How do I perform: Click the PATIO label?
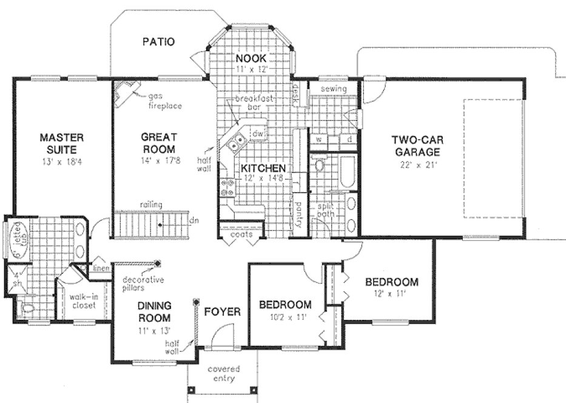click(158, 42)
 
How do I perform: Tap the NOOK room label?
click(252, 58)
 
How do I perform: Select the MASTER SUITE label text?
click(62, 142)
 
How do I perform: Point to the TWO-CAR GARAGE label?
click(416, 146)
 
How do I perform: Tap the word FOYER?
click(222, 312)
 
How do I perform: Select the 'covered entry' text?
click(223, 373)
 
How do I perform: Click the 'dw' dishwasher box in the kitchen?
click(257, 134)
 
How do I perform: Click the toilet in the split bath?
click(319, 164)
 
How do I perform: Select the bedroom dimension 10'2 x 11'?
click(285, 316)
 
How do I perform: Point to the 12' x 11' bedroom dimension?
click(391, 293)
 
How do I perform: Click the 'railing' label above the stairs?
click(150, 205)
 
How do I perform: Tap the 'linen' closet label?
click(100, 268)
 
